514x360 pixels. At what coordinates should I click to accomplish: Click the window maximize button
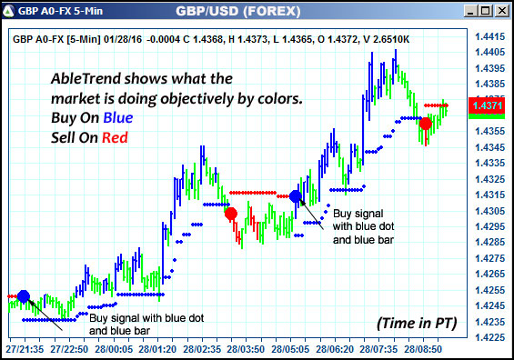[487, 11]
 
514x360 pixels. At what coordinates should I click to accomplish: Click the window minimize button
[471, 11]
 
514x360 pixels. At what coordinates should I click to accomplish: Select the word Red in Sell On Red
[116, 137]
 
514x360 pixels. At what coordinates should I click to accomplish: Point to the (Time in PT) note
[416, 323]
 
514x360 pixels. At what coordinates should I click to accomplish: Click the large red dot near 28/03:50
[231, 214]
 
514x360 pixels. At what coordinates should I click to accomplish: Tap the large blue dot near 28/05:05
[295, 195]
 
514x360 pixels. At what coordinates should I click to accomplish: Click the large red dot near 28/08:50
[426, 123]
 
